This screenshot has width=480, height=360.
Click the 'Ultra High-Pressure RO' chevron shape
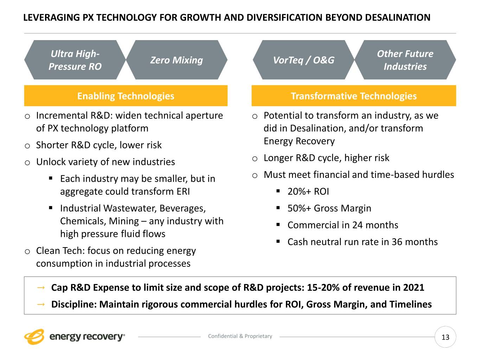pos(75,60)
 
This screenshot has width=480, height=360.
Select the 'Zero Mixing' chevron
pos(177,60)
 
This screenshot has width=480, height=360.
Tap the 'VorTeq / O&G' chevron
pos(303,60)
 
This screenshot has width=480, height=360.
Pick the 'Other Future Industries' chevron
pos(405,60)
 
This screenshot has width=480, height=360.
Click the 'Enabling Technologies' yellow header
pos(126,96)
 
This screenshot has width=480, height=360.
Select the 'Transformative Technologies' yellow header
pos(353,96)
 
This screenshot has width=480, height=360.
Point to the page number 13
pos(445,337)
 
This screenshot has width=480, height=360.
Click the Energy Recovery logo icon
pos(34,336)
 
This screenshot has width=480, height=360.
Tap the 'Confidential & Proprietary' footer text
pos(240,336)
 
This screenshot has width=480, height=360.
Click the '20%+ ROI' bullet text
pos(308,191)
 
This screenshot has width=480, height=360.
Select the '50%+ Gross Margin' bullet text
pos(329,208)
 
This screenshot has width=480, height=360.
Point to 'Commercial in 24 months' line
pos(343,225)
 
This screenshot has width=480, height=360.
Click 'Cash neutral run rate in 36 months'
pos(362,242)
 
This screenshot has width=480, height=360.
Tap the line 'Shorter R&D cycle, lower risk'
pos(99,145)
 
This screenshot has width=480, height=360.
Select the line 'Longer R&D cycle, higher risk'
pos(326,158)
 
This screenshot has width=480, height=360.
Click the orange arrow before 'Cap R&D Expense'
pos(41,288)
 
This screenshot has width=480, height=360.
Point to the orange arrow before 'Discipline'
pos(41,304)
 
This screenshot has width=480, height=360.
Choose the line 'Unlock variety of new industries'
pos(105,162)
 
